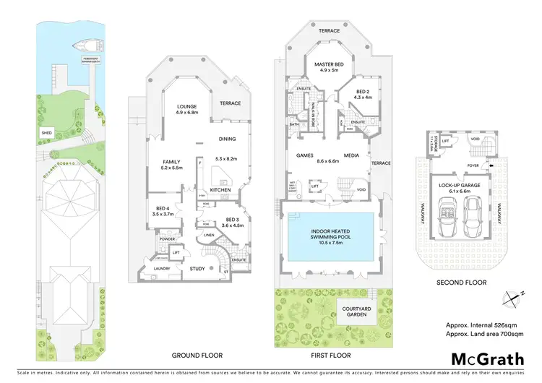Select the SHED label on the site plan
point(44,133)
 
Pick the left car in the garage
point(445,218)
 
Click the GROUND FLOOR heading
point(197,356)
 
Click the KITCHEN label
point(220,189)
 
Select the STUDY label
point(198,269)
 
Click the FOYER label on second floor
point(473,164)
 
